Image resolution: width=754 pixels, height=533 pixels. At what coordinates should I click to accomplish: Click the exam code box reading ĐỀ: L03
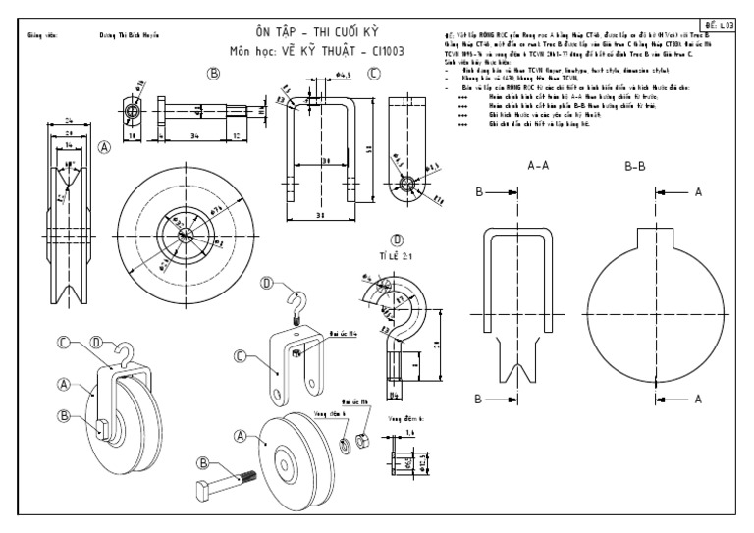(x=720, y=22)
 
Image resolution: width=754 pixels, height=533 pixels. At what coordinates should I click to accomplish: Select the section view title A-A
(x=538, y=166)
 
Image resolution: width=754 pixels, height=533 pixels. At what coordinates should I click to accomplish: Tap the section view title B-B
(x=633, y=166)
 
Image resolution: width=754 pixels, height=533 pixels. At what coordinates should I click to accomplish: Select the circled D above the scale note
(x=397, y=238)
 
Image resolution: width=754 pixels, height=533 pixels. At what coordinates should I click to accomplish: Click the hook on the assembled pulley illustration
(x=122, y=350)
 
